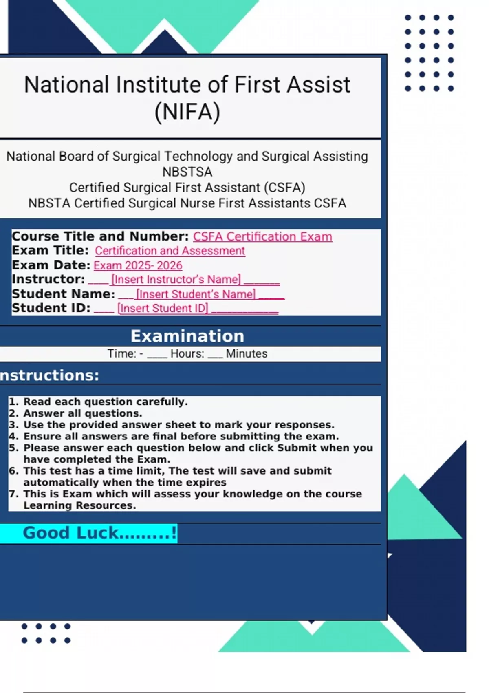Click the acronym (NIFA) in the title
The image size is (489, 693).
click(187, 112)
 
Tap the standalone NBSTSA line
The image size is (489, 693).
click(187, 172)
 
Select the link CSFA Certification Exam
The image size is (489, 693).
click(262, 237)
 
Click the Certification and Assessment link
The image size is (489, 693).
click(170, 251)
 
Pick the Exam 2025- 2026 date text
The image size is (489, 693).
click(138, 265)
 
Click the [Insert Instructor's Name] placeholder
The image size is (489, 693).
click(176, 280)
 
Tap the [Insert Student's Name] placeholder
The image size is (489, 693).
click(196, 294)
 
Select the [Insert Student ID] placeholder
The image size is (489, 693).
click(163, 309)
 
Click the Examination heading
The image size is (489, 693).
click(187, 336)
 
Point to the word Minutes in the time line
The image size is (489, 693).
click(247, 353)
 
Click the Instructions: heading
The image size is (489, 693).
click(49, 375)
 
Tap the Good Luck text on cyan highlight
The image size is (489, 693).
click(99, 533)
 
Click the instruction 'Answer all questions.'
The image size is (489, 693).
click(83, 413)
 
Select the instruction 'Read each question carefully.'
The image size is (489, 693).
click(106, 402)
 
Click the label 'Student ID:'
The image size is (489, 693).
click(51, 308)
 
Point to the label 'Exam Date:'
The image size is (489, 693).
click(51, 265)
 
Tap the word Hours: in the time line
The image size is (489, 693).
click(187, 353)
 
